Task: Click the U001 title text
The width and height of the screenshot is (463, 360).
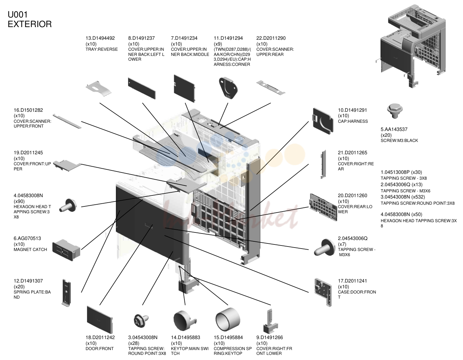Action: tap(18, 15)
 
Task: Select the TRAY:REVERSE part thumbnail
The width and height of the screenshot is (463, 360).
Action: tap(99, 88)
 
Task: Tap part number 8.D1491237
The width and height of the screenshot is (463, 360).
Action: tap(141, 38)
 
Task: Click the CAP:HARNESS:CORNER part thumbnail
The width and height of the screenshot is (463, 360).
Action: tap(228, 88)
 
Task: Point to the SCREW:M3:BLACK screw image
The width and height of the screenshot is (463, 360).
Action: tap(394, 111)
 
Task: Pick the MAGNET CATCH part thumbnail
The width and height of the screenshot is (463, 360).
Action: tap(66, 250)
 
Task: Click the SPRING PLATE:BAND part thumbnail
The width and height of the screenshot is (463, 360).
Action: tap(66, 293)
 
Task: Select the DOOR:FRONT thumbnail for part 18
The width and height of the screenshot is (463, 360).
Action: tap(99, 320)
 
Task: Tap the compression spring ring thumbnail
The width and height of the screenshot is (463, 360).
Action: tap(228, 319)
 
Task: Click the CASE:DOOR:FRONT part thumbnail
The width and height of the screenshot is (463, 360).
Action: tap(323, 292)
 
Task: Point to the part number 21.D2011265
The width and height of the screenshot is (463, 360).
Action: tap(352, 153)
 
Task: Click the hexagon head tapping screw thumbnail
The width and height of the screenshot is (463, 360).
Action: tap(68, 205)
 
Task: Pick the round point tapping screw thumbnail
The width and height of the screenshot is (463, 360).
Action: tap(141, 320)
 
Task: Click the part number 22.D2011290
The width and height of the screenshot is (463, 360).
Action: tap(271, 38)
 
